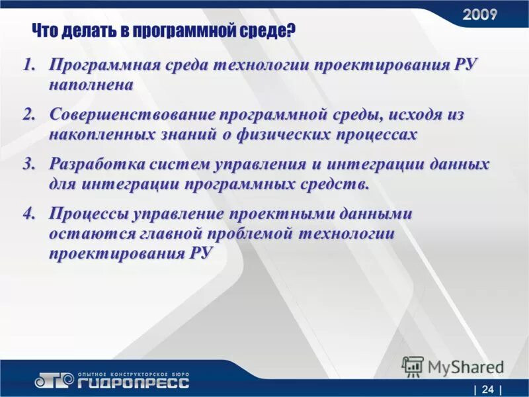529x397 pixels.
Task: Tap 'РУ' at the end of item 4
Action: [199, 254]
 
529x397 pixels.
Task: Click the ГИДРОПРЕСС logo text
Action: [134, 382]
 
